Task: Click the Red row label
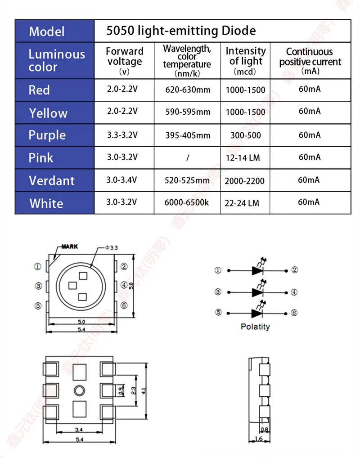[x=39, y=90]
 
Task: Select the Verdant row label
[x=51, y=181]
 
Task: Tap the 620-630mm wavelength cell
[x=188, y=90]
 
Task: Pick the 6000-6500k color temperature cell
[x=187, y=202]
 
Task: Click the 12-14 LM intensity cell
[x=243, y=158]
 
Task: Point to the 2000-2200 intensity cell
[x=245, y=181]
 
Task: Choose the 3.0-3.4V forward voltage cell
[x=121, y=180]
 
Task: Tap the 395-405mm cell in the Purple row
[x=188, y=135]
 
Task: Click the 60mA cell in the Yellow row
[x=310, y=111]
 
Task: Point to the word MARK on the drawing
[x=69, y=246]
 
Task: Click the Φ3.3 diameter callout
[x=111, y=247]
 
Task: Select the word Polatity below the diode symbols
[x=255, y=327]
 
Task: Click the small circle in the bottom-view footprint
[x=80, y=390]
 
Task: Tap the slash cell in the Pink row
[x=188, y=157]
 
